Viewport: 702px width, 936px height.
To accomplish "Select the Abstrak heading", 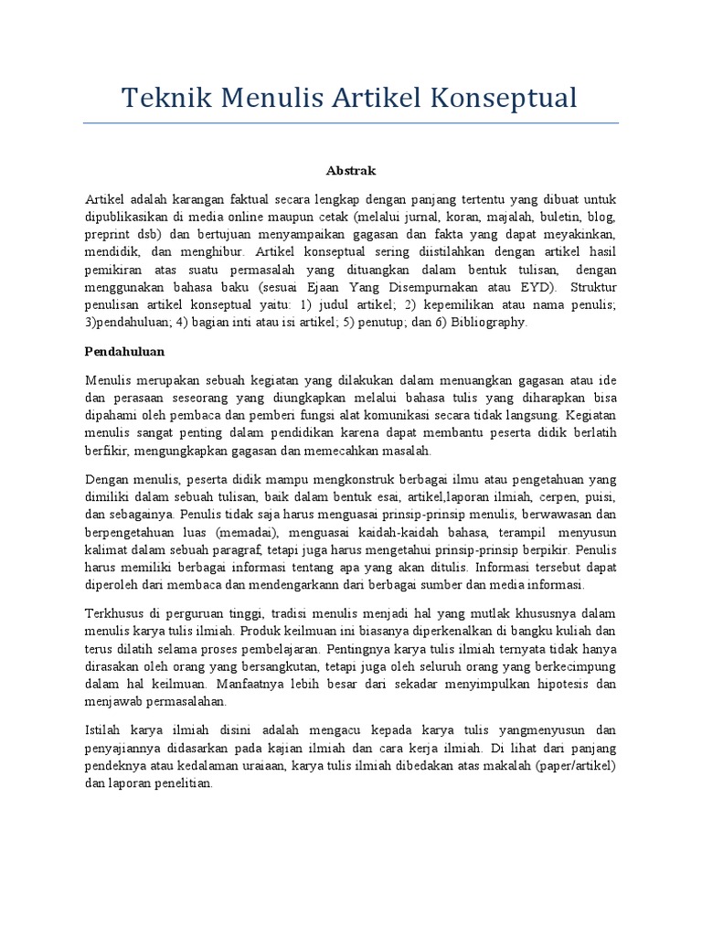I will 351,170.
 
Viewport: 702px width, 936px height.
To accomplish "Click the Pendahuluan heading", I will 123,350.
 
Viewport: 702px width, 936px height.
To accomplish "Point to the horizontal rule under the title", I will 351,122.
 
